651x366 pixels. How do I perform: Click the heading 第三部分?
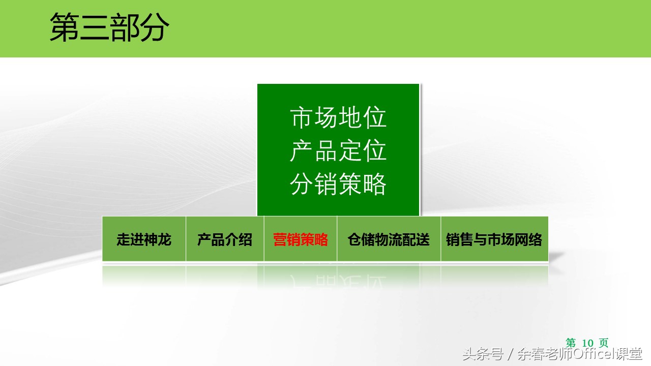coord(109,28)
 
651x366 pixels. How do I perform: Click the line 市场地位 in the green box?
coord(339,118)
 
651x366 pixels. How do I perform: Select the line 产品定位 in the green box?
coord(339,151)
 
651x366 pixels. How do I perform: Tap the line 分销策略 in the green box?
coord(339,184)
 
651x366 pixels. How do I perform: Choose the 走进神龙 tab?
coord(144,239)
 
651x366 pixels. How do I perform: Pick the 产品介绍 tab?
coord(225,239)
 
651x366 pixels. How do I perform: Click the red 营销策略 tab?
coord(301,239)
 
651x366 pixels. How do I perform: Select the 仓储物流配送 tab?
coord(389,239)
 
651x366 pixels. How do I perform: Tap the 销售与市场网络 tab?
coord(494,239)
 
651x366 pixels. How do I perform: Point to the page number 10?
coord(587,343)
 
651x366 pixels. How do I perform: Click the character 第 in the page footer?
coord(571,343)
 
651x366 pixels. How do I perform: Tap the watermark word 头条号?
coord(483,354)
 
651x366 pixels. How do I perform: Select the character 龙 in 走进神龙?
coord(164,239)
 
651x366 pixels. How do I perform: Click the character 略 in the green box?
coord(375,184)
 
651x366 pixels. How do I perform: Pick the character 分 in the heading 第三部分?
coord(154,28)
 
